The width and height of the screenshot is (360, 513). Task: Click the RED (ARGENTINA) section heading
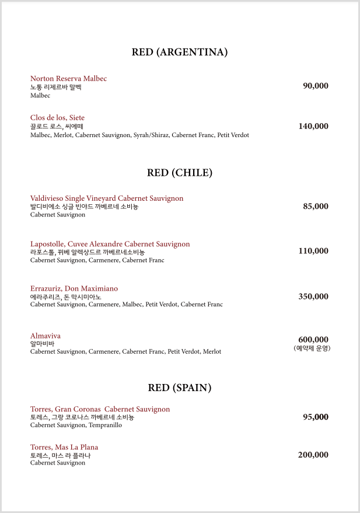click(x=180, y=53)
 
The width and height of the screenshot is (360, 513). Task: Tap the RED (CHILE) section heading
click(x=180, y=173)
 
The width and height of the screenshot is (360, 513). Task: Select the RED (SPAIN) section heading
click(x=180, y=388)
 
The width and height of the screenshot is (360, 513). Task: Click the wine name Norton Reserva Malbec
click(x=68, y=79)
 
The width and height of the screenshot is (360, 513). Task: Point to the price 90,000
click(x=316, y=86)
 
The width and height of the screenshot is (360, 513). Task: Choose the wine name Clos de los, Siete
click(x=57, y=118)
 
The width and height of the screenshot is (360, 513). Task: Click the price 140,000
click(x=313, y=126)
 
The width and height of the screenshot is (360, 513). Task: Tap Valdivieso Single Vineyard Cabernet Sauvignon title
click(x=107, y=198)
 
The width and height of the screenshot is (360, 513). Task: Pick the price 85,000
click(x=316, y=207)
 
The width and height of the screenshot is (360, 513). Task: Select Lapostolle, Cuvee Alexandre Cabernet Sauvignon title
click(x=110, y=244)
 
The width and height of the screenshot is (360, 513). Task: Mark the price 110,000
click(x=313, y=252)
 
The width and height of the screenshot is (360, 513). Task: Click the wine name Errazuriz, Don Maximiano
click(x=74, y=289)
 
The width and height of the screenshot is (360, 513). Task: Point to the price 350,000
click(x=313, y=296)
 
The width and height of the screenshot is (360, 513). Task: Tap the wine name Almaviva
click(x=46, y=336)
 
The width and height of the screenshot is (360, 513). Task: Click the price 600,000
click(x=313, y=340)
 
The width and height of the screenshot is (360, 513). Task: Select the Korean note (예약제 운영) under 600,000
click(x=312, y=348)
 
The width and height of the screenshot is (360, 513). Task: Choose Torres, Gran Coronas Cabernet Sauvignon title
click(x=100, y=410)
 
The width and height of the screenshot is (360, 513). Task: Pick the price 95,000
click(x=316, y=417)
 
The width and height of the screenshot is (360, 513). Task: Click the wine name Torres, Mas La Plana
click(x=64, y=448)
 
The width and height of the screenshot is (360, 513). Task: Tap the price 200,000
click(x=313, y=455)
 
